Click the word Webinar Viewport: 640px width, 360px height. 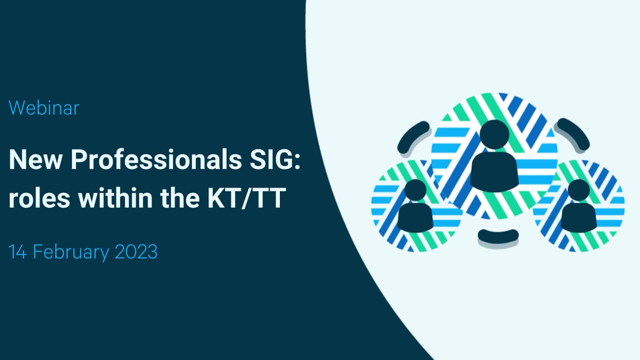click(44, 108)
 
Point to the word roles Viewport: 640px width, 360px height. click(39, 198)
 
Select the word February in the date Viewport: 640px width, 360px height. click(71, 252)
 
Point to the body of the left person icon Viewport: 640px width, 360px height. click(415, 217)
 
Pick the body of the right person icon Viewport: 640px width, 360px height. click(578, 217)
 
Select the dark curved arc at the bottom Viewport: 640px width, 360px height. click(498, 236)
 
